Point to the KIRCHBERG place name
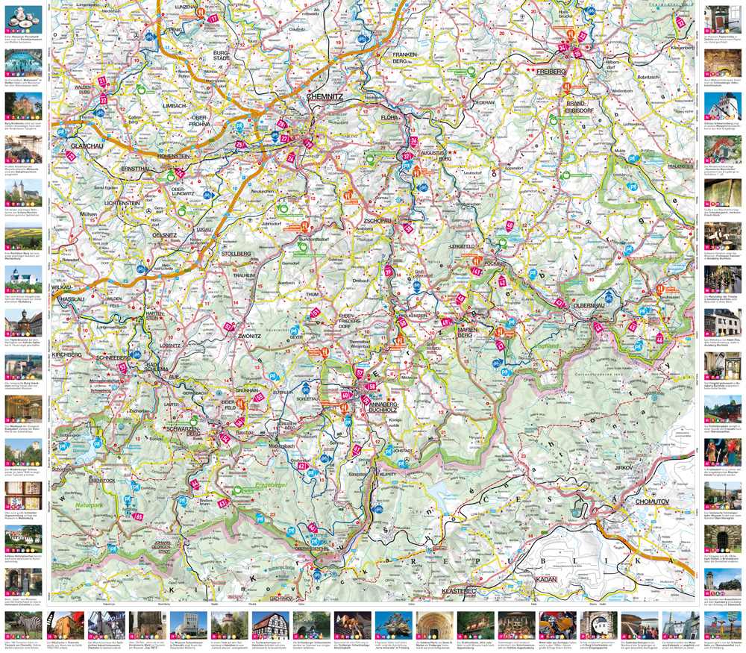coord(68,354)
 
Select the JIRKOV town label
coord(624,466)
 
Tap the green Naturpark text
coord(90,507)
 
